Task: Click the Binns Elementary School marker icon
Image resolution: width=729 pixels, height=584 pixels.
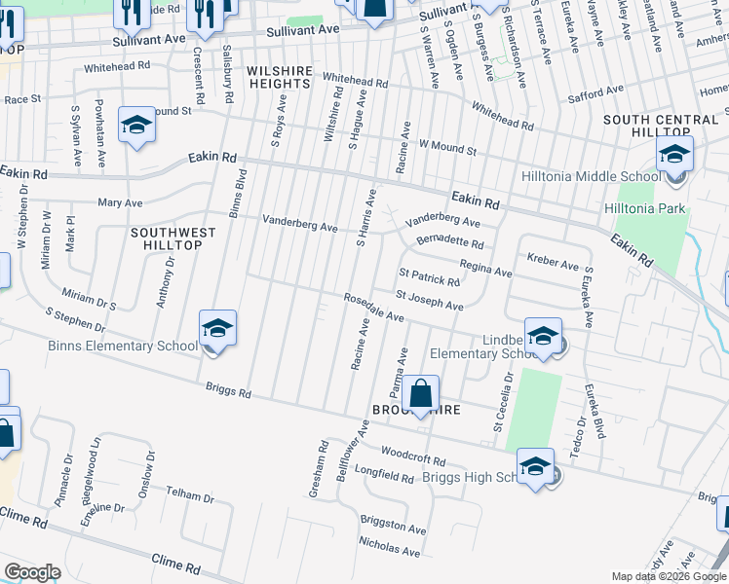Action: [218, 329]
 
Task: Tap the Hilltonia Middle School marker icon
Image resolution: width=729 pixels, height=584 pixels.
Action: [674, 156]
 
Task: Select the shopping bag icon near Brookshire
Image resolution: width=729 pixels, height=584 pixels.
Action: [420, 395]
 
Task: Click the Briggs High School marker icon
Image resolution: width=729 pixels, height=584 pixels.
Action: [535, 467]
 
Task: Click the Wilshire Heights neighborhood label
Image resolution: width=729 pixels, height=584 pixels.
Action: [278, 77]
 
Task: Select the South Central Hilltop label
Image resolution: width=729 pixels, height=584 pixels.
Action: [660, 126]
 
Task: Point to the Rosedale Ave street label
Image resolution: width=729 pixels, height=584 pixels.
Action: [372, 308]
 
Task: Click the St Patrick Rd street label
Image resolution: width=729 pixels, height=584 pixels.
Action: [428, 277]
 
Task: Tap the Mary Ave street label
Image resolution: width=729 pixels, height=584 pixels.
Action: [120, 203]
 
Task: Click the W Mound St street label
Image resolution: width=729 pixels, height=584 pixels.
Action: [447, 148]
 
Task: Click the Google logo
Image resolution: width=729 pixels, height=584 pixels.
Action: [32, 572]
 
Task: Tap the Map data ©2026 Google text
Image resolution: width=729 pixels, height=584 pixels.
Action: [668, 576]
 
